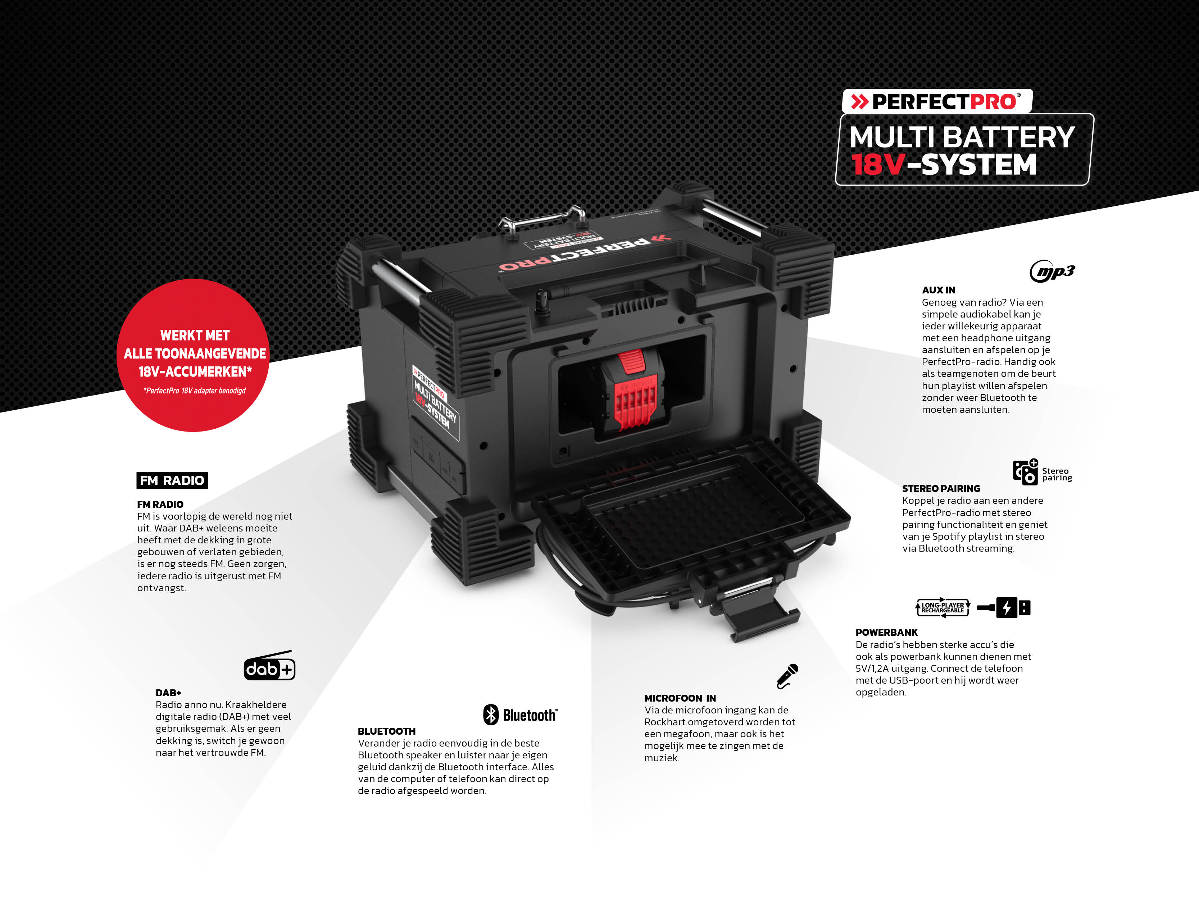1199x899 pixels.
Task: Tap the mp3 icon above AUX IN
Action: tap(1052, 271)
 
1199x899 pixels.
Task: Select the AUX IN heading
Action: tap(938, 290)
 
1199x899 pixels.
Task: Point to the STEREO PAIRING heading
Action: tap(941, 488)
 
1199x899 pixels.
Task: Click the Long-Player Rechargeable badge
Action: tap(943, 607)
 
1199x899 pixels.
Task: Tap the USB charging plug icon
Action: tap(1003, 607)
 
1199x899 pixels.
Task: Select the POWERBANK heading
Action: tap(886, 633)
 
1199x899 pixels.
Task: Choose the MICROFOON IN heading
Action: tap(680, 698)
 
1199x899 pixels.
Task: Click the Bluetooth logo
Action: tap(520, 715)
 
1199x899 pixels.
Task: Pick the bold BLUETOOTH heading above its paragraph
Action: tap(386, 731)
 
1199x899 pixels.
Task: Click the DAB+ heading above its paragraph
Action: tap(168, 693)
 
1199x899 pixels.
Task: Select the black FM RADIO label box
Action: tap(172, 480)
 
